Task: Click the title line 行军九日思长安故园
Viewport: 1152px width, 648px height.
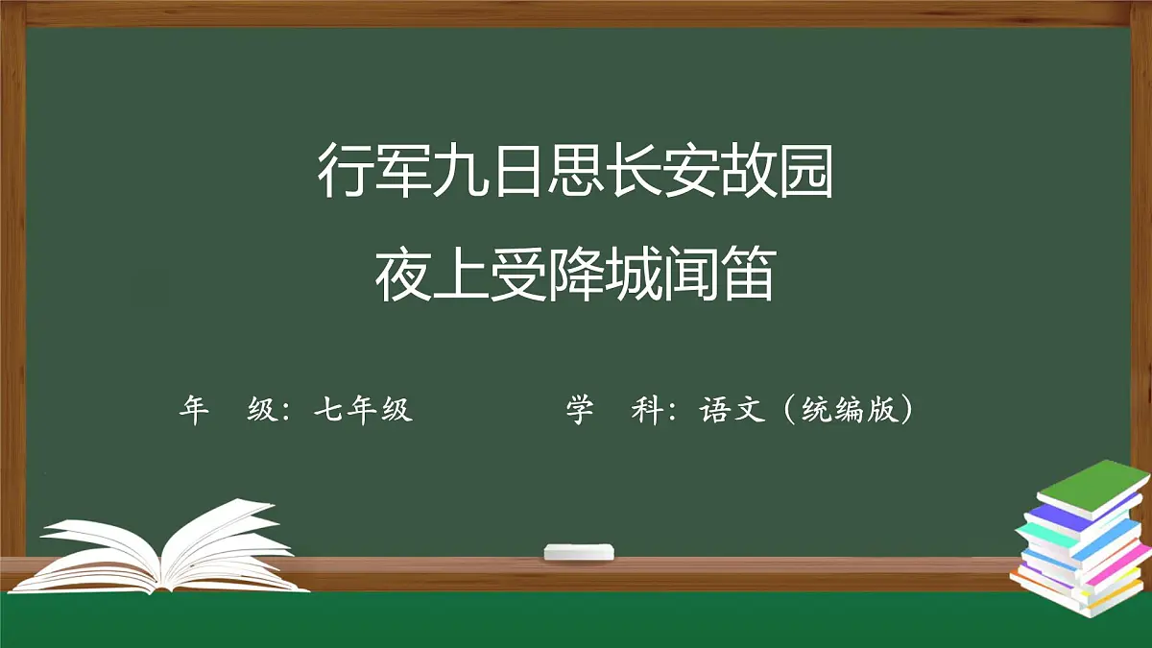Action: tap(575, 172)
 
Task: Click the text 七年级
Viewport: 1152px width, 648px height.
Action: tap(363, 410)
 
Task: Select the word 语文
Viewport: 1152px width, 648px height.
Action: tap(732, 410)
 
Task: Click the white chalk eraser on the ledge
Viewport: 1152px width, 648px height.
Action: tap(578, 551)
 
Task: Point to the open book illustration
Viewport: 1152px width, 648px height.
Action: tap(163, 547)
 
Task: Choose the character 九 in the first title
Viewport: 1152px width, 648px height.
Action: tap(460, 172)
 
